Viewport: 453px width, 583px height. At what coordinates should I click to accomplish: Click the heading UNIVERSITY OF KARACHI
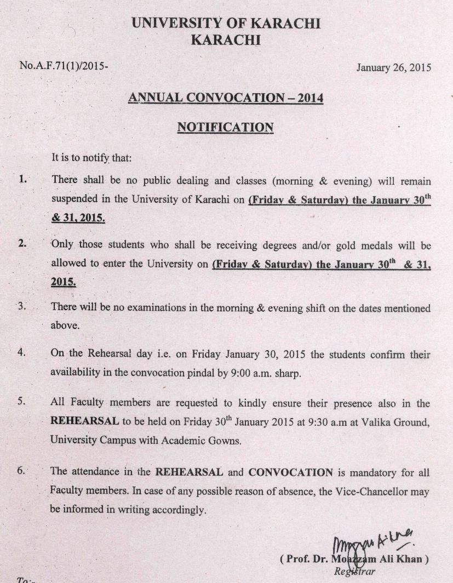(x=226, y=24)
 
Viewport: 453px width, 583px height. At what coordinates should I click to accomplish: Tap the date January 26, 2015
(x=393, y=68)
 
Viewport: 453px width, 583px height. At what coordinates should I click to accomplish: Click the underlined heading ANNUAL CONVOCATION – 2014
(x=225, y=98)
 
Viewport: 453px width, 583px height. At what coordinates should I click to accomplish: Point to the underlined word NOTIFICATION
(x=225, y=128)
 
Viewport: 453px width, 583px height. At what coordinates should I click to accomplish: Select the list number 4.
(x=22, y=353)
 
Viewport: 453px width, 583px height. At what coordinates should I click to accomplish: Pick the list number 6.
(x=22, y=471)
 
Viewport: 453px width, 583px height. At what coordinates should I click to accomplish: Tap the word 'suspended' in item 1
(x=73, y=199)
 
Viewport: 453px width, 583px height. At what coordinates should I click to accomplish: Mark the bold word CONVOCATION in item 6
(x=290, y=472)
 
